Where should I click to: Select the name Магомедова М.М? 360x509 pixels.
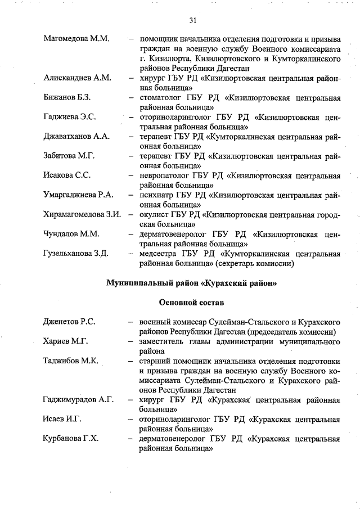pos(75,39)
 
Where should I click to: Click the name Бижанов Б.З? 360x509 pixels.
pos(67,97)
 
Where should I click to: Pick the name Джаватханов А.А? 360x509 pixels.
pos(76,137)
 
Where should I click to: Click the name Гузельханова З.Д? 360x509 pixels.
pos(75,253)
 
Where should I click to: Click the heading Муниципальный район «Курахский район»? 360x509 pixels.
pos(192,283)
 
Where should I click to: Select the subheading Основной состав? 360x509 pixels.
pos(191,303)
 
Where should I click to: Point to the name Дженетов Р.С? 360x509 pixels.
pos(69,322)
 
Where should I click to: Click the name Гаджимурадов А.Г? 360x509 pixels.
pos(78,400)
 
